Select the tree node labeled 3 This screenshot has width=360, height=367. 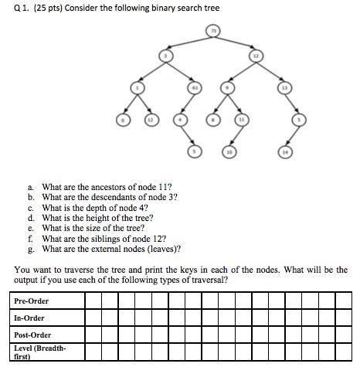point(165,56)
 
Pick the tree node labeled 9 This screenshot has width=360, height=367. point(227,88)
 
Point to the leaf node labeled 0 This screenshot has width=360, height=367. point(121,120)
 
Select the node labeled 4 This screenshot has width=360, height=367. point(179,120)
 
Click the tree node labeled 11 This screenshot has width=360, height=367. point(242,120)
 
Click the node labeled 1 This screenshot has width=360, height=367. point(137,88)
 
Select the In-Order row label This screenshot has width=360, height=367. point(29,318)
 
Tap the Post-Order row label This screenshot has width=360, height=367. point(32,335)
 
